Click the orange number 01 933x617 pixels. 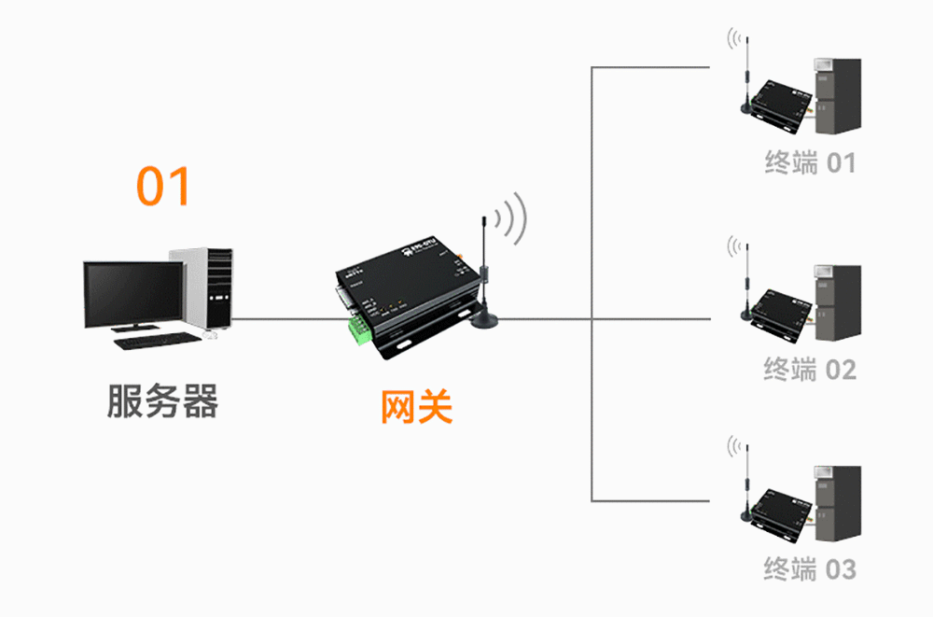[x=164, y=187]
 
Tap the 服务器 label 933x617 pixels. [x=162, y=401]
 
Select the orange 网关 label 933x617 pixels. [x=416, y=407]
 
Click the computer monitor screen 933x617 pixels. [x=132, y=293]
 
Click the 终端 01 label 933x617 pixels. [x=810, y=163]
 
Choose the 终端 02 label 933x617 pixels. [x=810, y=370]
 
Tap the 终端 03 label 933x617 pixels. [x=810, y=569]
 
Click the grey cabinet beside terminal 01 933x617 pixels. [x=837, y=93]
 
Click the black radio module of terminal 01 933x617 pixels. [x=782, y=101]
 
